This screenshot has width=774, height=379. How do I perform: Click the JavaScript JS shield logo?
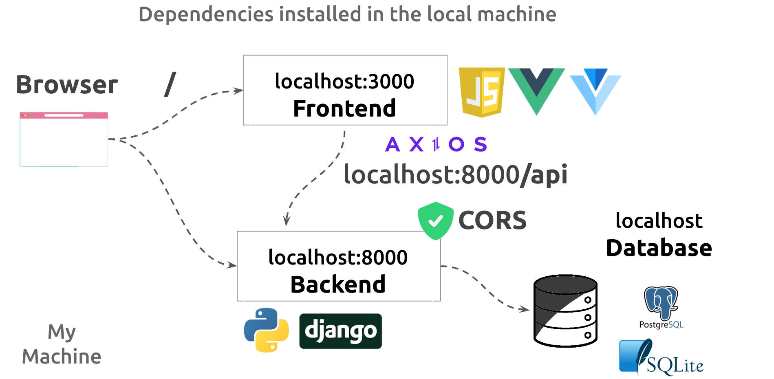click(x=481, y=92)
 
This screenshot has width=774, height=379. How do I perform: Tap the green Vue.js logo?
click(x=536, y=90)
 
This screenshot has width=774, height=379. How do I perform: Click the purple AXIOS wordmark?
click(x=436, y=144)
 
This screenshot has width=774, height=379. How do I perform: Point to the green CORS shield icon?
click(x=435, y=220)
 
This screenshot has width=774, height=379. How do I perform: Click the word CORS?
click(x=492, y=220)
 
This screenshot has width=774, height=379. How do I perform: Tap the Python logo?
click(x=266, y=330)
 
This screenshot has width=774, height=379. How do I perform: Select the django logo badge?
click(x=340, y=331)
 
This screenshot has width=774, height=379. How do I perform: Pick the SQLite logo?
click(x=660, y=357)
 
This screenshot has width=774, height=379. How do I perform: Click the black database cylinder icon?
click(x=565, y=311)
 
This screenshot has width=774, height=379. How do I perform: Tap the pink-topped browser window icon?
click(x=64, y=139)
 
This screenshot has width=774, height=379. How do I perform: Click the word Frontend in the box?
click(x=344, y=108)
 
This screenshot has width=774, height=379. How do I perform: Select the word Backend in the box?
click(x=338, y=284)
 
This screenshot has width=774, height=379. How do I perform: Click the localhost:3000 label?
click(x=344, y=81)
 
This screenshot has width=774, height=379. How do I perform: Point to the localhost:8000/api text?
click(x=455, y=174)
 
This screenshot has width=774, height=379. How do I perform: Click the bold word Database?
click(x=659, y=248)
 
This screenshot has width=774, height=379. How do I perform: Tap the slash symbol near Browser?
click(x=170, y=84)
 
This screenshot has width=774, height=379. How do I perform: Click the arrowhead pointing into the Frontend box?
click(x=239, y=90)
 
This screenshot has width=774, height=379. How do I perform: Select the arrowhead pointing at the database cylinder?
click(x=525, y=309)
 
